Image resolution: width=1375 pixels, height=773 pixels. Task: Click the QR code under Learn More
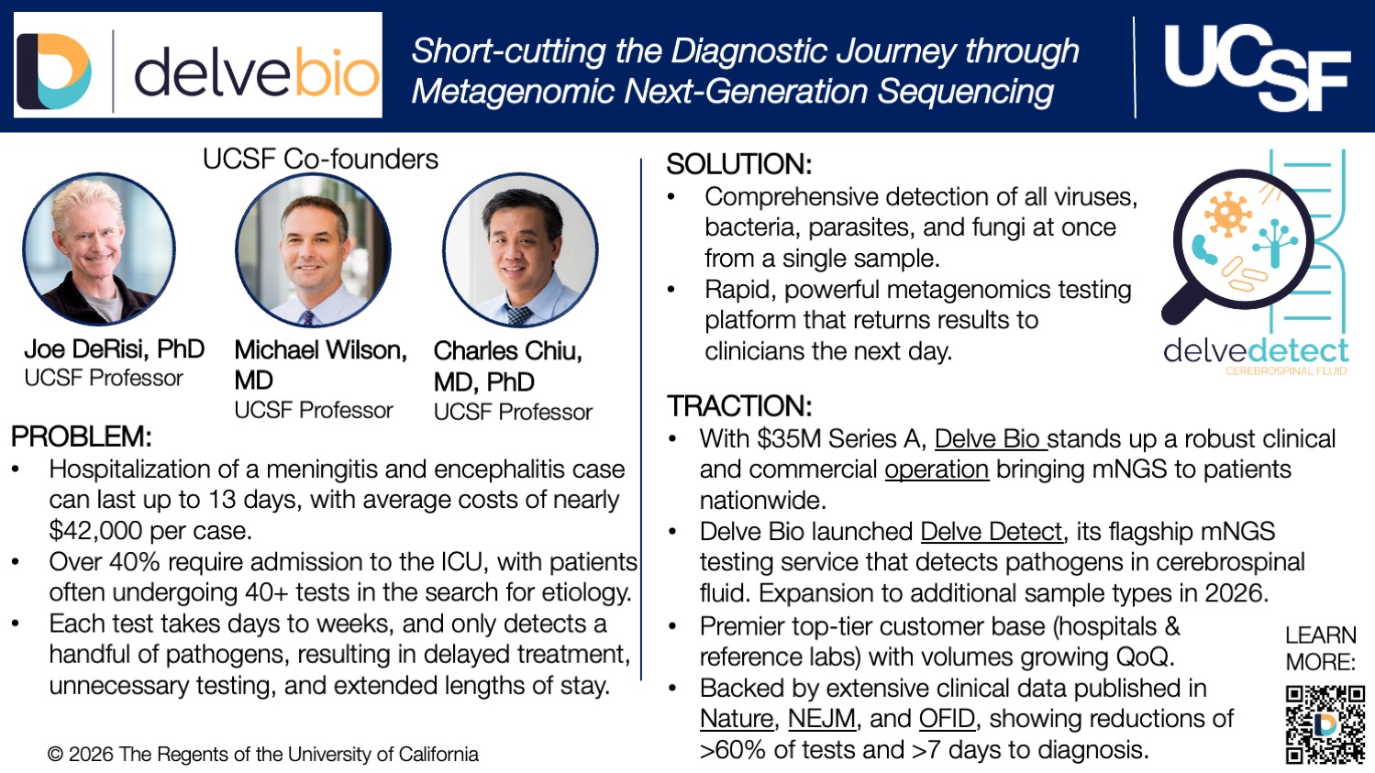click(1325, 724)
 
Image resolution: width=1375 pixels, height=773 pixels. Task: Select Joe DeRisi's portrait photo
click(99, 249)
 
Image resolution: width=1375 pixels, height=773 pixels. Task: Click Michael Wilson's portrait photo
click(313, 250)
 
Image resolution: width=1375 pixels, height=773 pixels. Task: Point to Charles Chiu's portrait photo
click(520, 250)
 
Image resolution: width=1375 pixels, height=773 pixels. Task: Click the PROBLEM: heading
click(82, 436)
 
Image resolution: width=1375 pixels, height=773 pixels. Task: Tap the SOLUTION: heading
click(738, 164)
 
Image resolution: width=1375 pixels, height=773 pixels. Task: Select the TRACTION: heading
click(739, 406)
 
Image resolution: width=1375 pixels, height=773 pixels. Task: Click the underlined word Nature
click(736, 719)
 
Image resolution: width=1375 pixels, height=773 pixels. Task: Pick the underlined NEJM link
click(821, 719)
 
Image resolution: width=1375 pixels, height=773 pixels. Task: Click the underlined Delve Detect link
click(991, 532)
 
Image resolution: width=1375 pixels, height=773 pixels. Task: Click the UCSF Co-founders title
click(320, 159)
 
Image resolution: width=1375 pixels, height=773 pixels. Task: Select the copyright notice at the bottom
click(263, 755)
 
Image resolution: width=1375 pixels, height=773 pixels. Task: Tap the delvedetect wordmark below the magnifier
click(1255, 351)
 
